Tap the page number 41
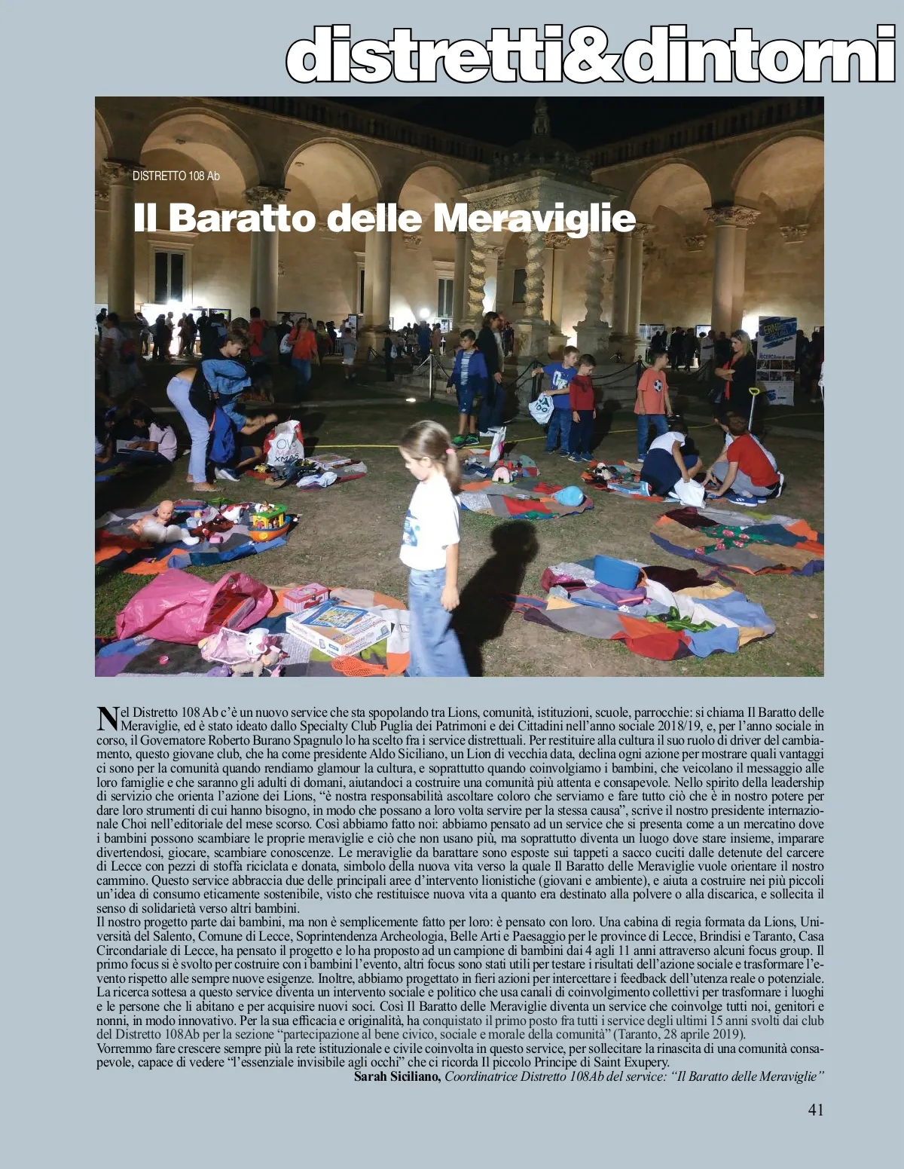(x=815, y=1109)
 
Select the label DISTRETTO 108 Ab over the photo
(x=176, y=176)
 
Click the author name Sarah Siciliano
(x=397, y=1076)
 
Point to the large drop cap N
(x=108, y=718)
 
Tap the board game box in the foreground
(x=337, y=626)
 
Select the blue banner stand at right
(x=776, y=360)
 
